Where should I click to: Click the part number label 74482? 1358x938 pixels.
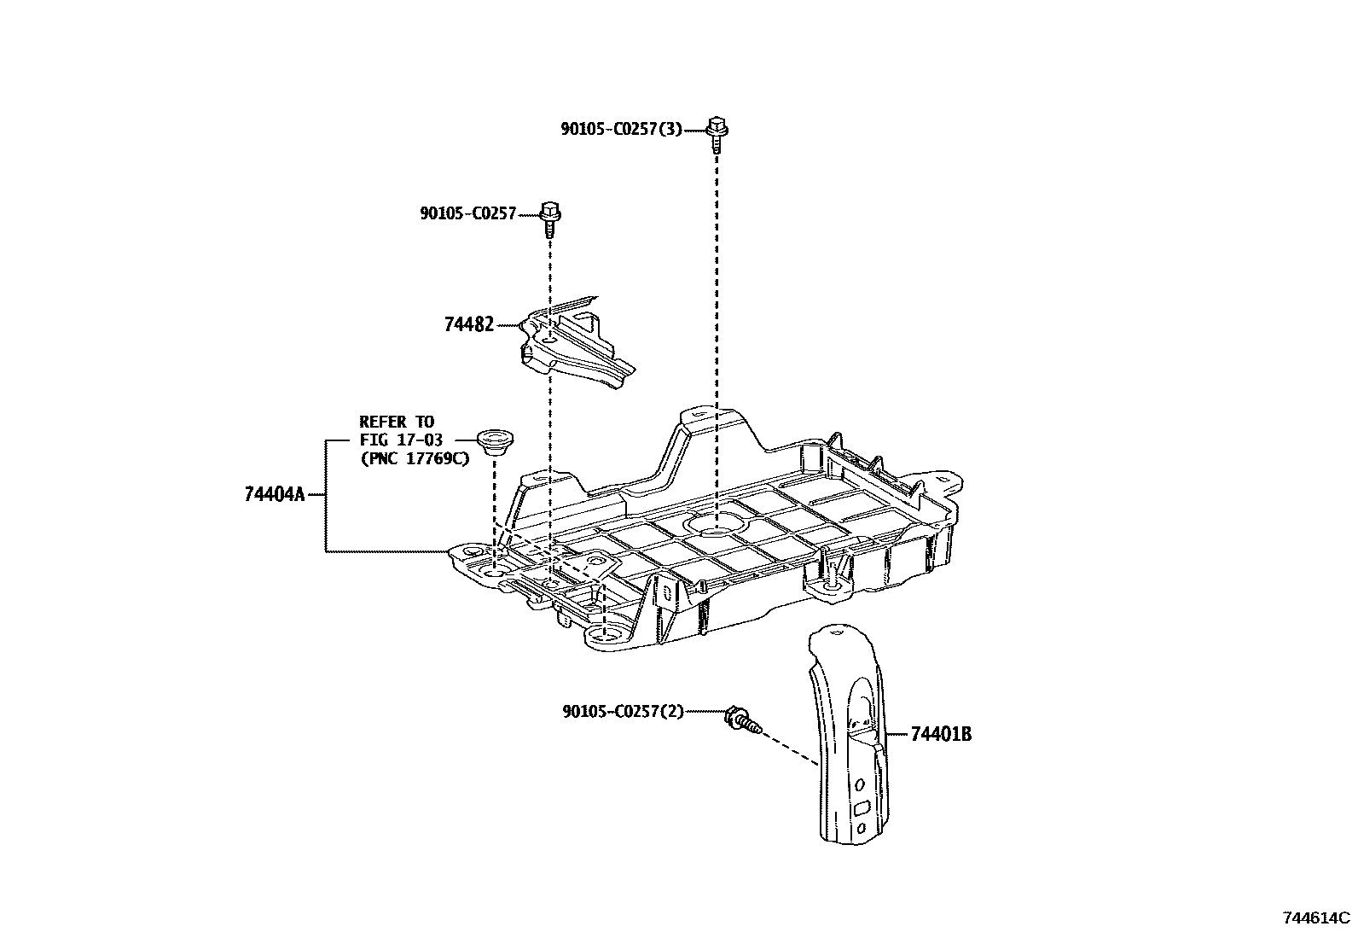click(468, 324)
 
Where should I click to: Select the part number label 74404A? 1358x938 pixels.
click(274, 494)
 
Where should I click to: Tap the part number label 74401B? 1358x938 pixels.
click(941, 734)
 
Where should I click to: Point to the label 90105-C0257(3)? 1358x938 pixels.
click(622, 129)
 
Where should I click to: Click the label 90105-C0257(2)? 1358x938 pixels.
click(624, 711)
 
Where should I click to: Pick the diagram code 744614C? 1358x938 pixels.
click(1316, 918)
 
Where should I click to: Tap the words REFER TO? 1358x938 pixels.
click(396, 422)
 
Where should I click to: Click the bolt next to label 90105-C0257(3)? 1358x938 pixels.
click(717, 135)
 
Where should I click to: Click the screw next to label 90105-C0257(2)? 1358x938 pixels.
click(741, 720)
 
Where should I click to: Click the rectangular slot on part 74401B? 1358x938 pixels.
click(862, 806)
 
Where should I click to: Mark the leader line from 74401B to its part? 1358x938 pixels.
click(897, 734)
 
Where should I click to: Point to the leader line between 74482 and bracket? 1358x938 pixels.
click(508, 324)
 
